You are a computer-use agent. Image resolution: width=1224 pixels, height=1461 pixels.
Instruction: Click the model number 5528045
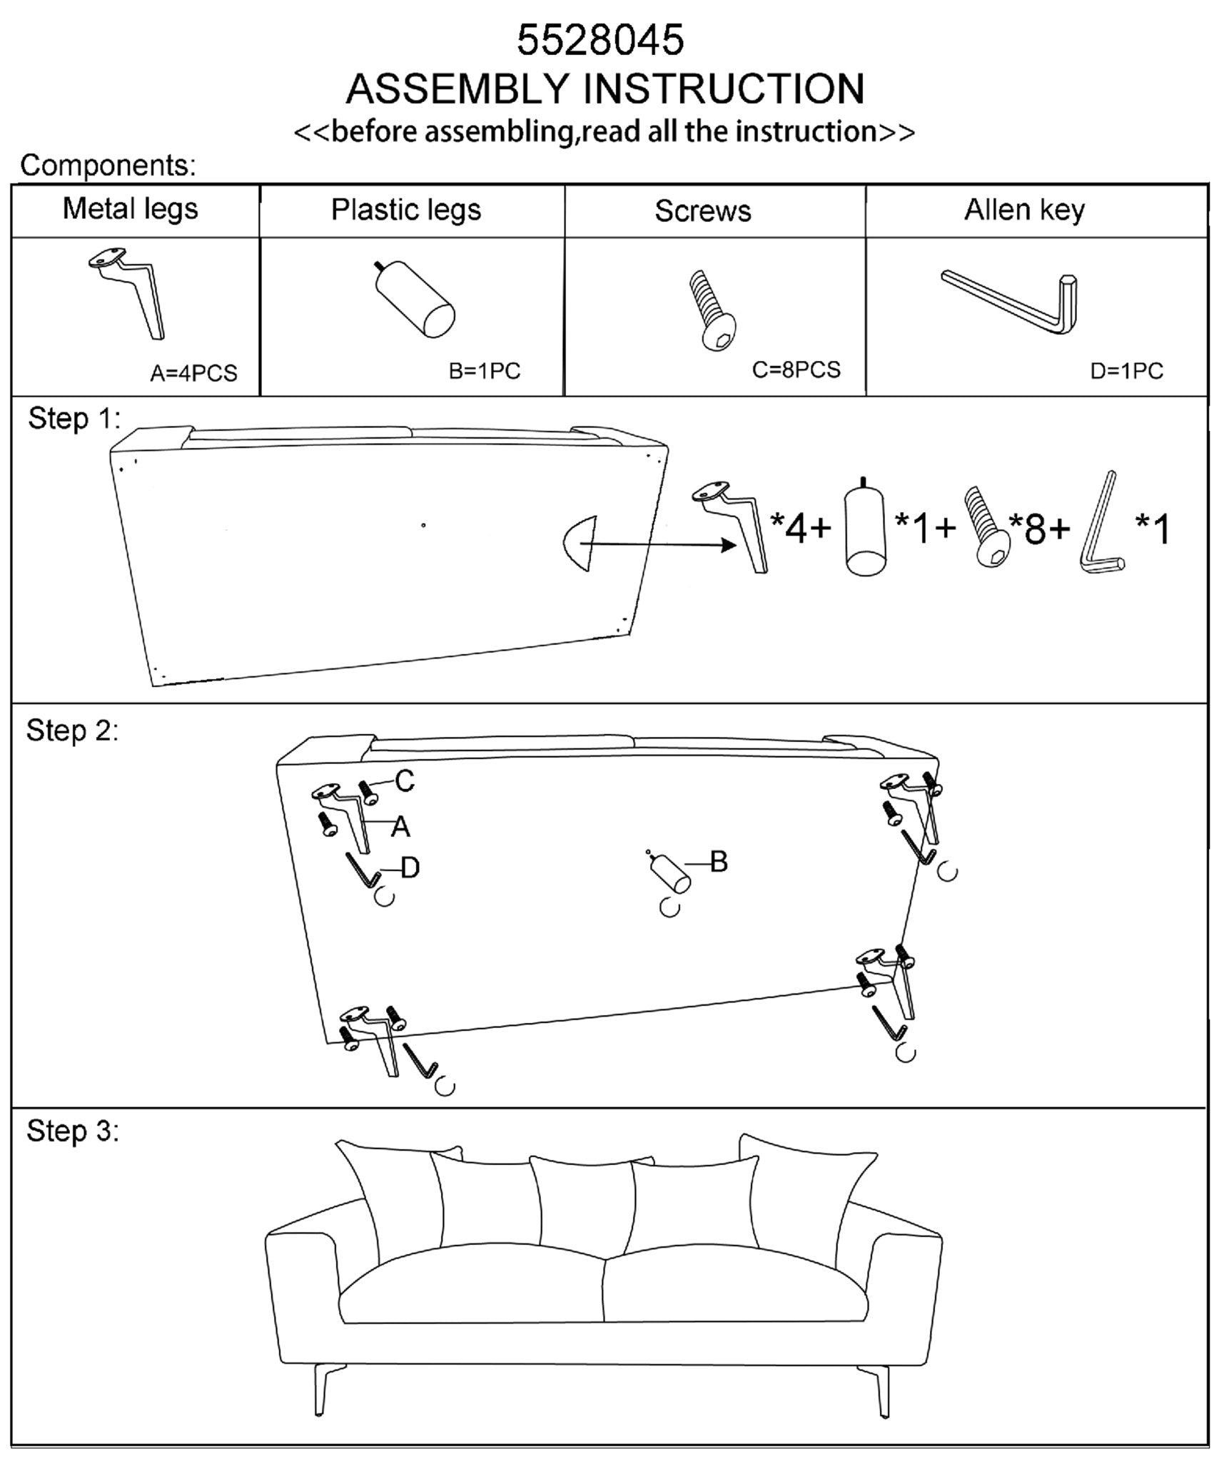point(600,40)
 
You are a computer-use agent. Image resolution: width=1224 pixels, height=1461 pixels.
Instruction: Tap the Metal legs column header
point(130,209)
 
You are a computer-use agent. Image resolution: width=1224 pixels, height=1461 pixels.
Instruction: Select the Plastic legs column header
point(406,210)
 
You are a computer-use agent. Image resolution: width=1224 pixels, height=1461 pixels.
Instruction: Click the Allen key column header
point(1024,210)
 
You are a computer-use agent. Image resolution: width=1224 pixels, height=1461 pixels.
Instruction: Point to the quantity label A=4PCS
point(193,373)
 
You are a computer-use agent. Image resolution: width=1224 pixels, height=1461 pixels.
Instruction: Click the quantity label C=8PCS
point(796,370)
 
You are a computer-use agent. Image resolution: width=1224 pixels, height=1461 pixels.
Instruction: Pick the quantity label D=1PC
point(1126,371)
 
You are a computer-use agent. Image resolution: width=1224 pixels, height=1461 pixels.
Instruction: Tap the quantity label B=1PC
point(485,371)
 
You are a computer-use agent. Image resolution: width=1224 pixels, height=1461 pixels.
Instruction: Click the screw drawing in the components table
point(712,310)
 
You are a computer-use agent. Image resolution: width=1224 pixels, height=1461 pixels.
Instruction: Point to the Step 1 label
point(74,419)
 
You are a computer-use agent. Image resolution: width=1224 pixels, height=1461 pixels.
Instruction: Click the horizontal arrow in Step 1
point(660,545)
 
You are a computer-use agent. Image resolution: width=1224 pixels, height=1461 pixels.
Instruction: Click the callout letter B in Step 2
point(719,862)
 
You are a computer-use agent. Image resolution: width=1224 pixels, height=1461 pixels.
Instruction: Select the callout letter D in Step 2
point(410,868)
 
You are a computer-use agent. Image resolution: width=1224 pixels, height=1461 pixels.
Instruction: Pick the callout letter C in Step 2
point(404,781)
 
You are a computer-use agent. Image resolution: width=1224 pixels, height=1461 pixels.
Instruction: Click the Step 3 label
point(73,1131)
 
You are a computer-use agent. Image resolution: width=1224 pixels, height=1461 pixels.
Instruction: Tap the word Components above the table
point(108,166)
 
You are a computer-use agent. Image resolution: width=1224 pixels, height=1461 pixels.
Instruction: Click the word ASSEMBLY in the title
point(460,89)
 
